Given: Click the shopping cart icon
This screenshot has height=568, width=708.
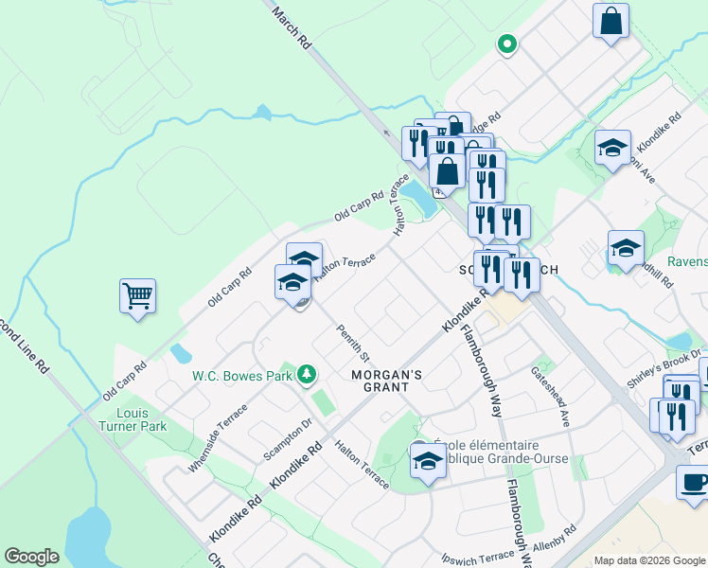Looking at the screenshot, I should click(137, 296).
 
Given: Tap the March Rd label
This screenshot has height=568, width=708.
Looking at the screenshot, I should click(292, 28).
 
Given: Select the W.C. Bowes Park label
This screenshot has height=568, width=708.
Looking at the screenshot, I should click(242, 376).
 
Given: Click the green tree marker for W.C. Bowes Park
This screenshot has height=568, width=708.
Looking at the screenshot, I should click(306, 376).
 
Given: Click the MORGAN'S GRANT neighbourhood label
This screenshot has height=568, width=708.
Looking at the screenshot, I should click(380, 380).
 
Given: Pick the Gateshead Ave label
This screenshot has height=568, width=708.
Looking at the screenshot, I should click(550, 396).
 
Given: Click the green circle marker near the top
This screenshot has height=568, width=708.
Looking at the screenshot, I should click(507, 44).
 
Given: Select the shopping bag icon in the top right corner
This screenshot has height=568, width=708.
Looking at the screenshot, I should click(611, 21).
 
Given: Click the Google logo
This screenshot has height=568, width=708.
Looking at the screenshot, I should click(31, 557).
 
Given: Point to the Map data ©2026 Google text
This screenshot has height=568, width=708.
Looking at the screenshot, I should click(649, 560).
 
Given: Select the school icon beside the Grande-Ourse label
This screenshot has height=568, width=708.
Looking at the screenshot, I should click(428, 462).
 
